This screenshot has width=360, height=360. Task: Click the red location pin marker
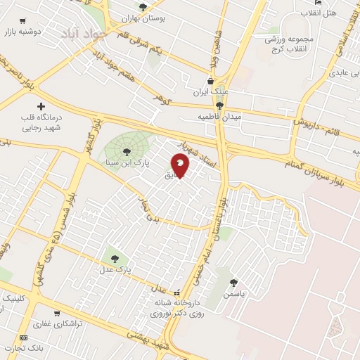coord(181,166)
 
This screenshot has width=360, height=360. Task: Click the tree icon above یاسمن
coord(232,283)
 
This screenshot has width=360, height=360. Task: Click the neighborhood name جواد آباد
coord(82,32)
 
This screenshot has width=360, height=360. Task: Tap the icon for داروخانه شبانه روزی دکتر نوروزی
coord(176,292)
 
